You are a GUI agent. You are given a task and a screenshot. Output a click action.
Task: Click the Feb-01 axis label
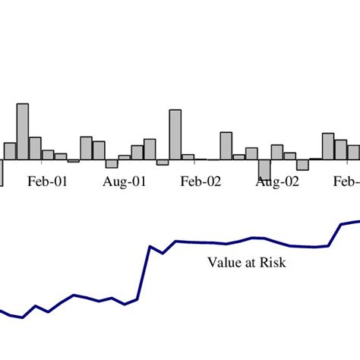pyautogui.click(x=48, y=182)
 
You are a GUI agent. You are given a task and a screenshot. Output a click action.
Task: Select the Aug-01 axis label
pyautogui.click(x=124, y=182)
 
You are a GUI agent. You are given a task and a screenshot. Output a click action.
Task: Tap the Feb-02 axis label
pyautogui.click(x=201, y=182)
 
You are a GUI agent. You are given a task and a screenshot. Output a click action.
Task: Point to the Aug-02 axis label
pyautogui.click(x=277, y=182)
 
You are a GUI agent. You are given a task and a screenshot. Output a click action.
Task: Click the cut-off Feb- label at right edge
pyautogui.click(x=346, y=182)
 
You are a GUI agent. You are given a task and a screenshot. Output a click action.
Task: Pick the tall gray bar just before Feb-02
pyautogui.click(x=175, y=134)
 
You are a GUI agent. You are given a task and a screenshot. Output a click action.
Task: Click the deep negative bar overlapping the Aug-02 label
pyautogui.click(x=264, y=169)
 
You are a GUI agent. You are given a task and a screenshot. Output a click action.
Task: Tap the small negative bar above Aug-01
pyautogui.click(x=112, y=163)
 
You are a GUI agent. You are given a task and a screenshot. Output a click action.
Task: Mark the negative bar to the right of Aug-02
pyautogui.click(x=302, y=165)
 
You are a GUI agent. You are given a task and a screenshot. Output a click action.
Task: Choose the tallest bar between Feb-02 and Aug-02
pyautogui.click(x=226, y=146)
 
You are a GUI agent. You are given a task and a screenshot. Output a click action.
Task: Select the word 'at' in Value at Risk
pyautogui.click(x=249, y=263)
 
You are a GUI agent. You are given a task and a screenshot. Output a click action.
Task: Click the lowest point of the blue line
pyautogui.click(x=23, y=317)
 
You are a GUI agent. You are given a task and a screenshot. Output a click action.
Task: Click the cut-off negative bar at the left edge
pyautogui.click(x=2, y=172)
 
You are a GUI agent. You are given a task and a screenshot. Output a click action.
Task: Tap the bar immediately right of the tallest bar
pyautogui.click(x=35, y=148)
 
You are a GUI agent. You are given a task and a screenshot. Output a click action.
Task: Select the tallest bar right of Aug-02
pyautogui.click(x=328, y=147)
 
